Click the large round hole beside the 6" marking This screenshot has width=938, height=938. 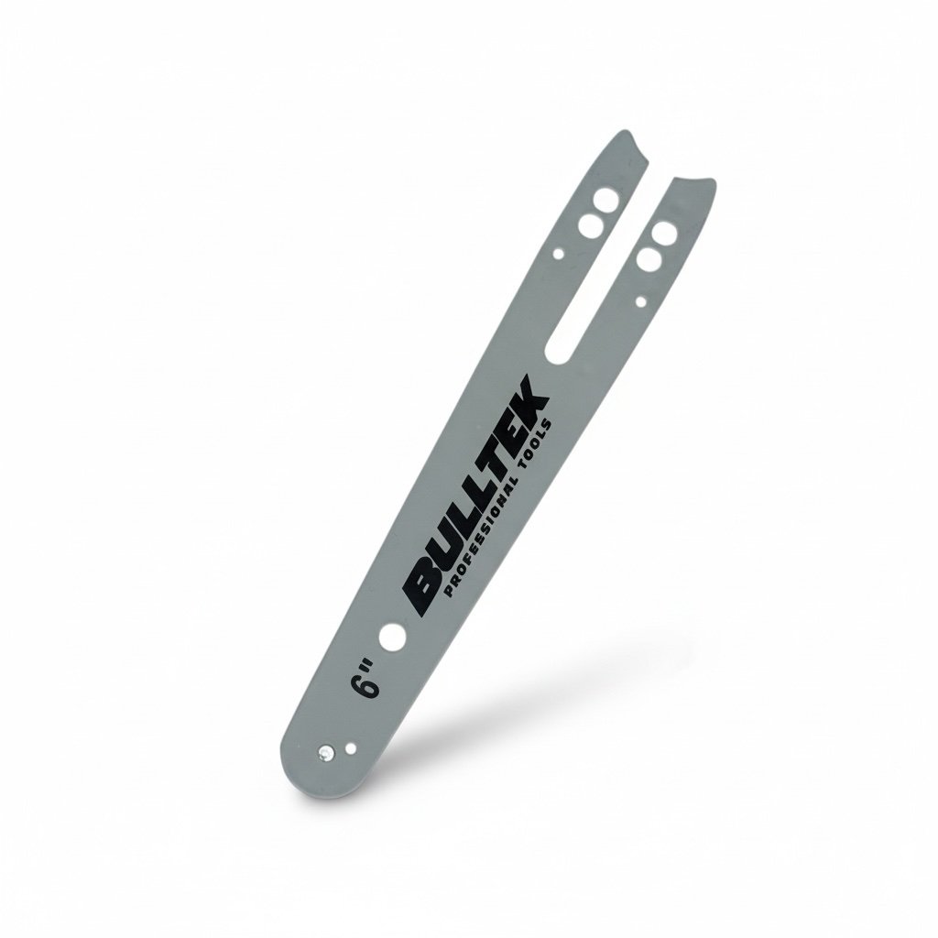point(393,637)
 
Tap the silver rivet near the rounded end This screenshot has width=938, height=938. point(325,752)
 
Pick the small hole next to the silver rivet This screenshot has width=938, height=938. point(351,747)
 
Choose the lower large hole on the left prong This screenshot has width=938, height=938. point(591,225)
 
